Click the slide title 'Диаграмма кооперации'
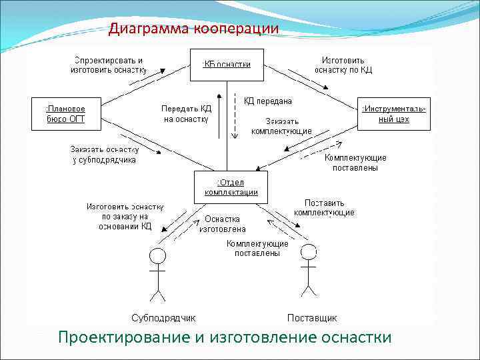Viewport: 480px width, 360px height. pyautogui.click(x=193, y=29)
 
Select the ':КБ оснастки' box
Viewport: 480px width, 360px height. pyautogui.click(x=227, y=64)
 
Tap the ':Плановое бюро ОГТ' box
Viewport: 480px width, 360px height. pyautogui.click(x=65, y=113)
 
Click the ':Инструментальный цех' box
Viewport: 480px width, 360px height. pyautogui.click(x=393, y=113)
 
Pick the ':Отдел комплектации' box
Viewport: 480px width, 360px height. pyautogui.click(x=231, y=187)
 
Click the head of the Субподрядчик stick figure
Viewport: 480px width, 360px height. pyautogui.click(x=157, y=256)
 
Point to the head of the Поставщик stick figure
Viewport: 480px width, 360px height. pyautogui.click(x=307, y=252)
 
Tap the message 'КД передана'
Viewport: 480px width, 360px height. pyautogui.click(x=268, y=101)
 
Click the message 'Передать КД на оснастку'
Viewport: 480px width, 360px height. pyautogui.click(x=185, y=114)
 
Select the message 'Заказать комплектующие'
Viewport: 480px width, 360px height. pyautogui.click(x=281, y=126)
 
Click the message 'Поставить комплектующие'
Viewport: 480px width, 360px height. pyautogui.click(x=324, y=207)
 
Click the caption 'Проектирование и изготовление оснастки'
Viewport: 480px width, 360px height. pyautogui.click(x=225, y=337)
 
